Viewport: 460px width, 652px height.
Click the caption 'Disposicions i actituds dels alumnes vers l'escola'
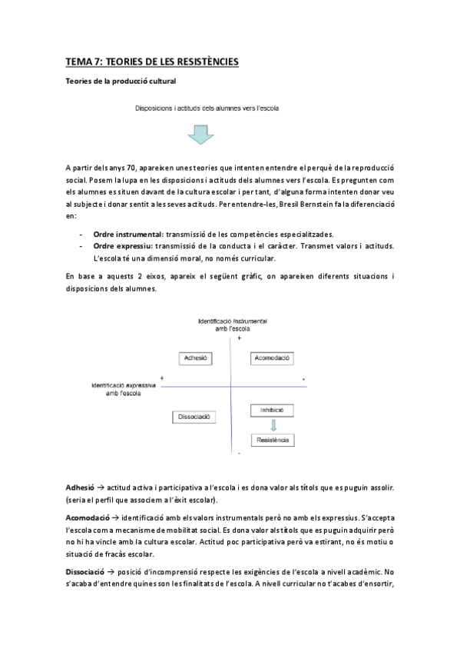click(206, 108)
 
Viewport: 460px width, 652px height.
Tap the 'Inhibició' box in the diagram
click(273, 410)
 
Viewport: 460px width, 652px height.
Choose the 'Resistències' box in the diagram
click(273, 440)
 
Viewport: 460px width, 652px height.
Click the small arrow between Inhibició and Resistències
click(273, 424)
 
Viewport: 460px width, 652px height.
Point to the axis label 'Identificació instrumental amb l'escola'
click(231, 323)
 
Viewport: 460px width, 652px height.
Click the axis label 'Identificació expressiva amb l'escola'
click(124, 388)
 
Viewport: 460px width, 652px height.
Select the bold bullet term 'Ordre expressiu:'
click(120, 246)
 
